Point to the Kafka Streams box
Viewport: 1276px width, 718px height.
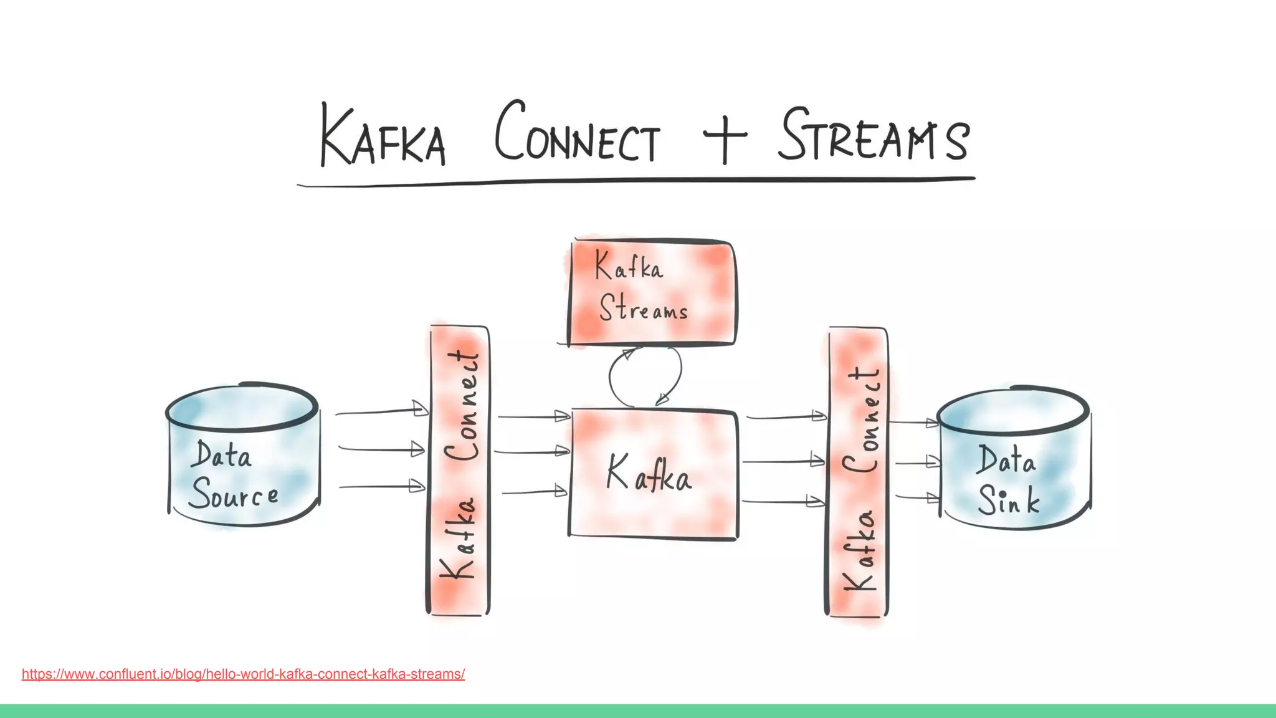coord(652,292)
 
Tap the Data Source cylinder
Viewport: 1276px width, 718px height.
coord(243,455)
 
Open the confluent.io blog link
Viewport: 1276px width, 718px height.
coord(243,674)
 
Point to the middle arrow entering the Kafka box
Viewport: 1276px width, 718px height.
coord(533,451)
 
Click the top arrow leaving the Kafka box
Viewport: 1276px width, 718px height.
coord(785,416)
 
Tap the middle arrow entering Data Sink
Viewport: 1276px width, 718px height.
coord(916,462)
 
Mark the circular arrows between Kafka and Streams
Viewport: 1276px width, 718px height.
coord(645,377)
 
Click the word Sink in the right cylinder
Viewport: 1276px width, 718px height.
coord(1008,500)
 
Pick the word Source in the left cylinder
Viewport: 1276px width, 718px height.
coord(234,495)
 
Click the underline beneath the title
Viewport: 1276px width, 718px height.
coord(636,181)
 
